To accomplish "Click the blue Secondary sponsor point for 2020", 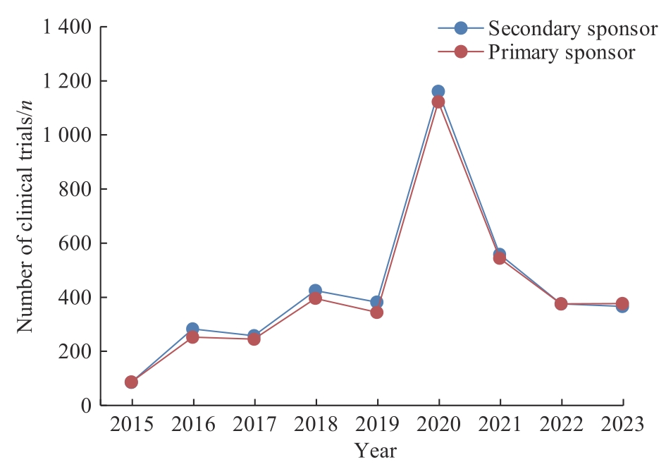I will [x=438, y=91].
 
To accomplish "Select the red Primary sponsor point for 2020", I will [x=438, y=102].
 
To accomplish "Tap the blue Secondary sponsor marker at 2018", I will [x=315, y=291].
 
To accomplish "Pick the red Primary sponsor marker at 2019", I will [x=376, y=312].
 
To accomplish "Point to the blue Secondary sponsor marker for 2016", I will [x=192, y=329].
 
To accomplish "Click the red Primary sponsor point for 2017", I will [x=254, y=339].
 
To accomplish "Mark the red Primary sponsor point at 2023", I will [x=622, y=303].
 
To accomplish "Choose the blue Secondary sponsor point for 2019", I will [x=376, y=302].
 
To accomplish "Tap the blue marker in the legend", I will [x=461, y=28].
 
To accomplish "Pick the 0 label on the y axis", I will [x=87, y=406].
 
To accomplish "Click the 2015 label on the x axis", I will [x=131, y=425].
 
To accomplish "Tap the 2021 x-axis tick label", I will [x=500, y=425].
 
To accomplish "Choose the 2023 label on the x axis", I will [x=622, y=425].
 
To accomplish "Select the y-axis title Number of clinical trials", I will [x=25, y=216].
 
